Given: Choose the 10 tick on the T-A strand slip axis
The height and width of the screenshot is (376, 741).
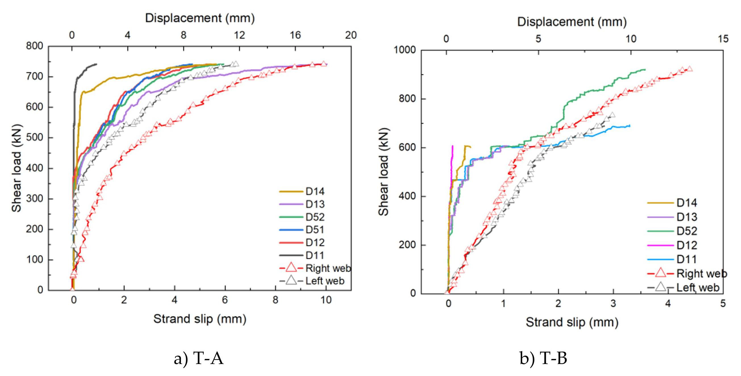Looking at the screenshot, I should pyautogui.click(x=326, y=301).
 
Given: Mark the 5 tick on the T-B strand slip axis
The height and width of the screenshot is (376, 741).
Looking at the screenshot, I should pyautogui.click(x=723, y=304).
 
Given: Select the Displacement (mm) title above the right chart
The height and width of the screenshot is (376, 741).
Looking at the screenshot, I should pyautogui.click(x=572, y=22).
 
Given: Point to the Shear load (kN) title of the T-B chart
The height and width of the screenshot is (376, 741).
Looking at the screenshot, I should pyautogui.click(x=384, y=172).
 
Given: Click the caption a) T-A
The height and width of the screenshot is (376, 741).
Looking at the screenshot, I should pyautogui.click(x=199, y=359).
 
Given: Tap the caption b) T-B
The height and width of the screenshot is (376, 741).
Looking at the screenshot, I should pyautogui.click(x=543, y=359).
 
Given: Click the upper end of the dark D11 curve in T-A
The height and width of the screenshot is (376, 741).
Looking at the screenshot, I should pyautogui.click(x=96, y=64).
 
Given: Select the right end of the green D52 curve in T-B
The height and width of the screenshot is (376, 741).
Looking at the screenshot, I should pyautogui.click(x=645, y=69).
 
